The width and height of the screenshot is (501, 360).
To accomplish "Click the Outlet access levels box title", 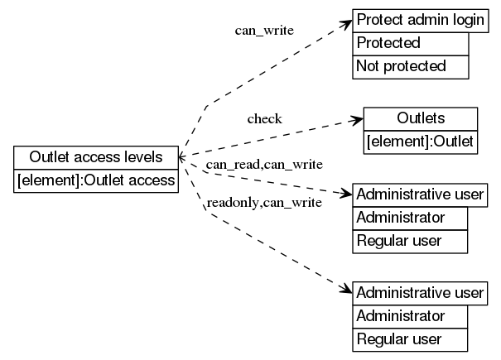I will (x=96, y=157).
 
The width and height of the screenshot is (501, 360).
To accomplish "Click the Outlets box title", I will (x=421, y=118).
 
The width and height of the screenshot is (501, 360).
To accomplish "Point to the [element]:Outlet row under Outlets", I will (x=421, y=142).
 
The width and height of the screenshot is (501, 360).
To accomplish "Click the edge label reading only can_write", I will (x=264, y=31).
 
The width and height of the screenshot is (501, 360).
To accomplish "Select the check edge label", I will (x=264, y=118).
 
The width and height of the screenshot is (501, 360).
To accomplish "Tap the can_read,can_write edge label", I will (x=264, y=165).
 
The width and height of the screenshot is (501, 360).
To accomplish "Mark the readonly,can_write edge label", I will (x=264, y=202).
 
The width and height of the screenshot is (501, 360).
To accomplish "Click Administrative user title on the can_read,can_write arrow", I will (x=419, y=196).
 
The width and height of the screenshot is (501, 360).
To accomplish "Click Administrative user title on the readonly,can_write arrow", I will (x=419, y=293).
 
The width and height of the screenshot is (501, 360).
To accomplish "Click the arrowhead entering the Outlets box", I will (x=357, y=120).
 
